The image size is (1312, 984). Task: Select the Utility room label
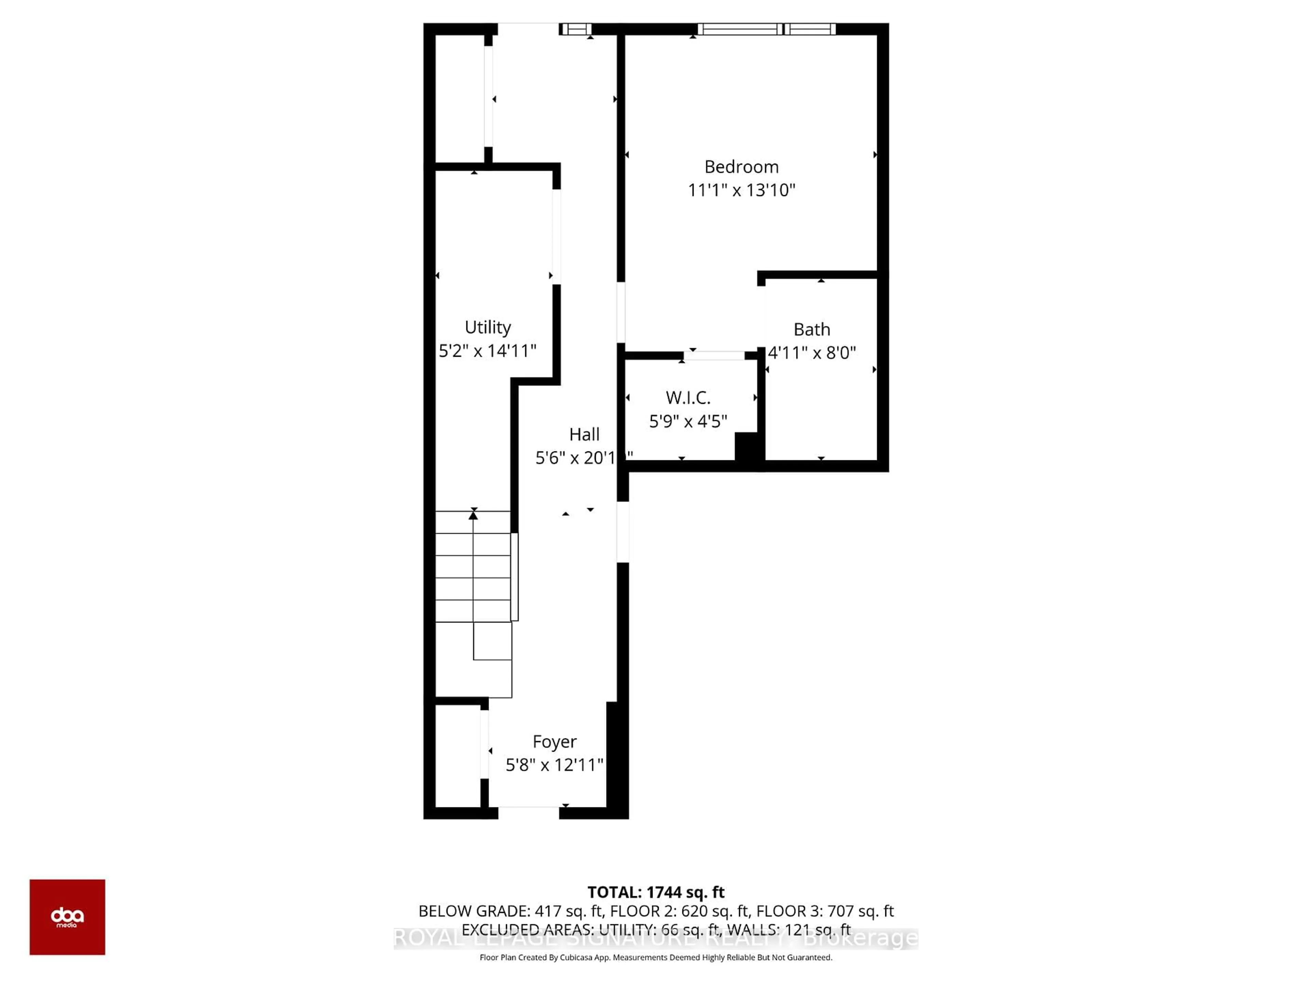pyautogui.click(x=488, y=327)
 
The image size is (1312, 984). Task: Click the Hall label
pyautogui.click(x=584, y=435)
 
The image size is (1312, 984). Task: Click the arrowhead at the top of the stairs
pyautogui.click(x=473, y=516)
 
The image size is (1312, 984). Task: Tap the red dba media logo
pyautogui.click(x=67, y=917)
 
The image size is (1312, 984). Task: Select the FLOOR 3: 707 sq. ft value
pyautogui.click(x=824, y=911)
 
